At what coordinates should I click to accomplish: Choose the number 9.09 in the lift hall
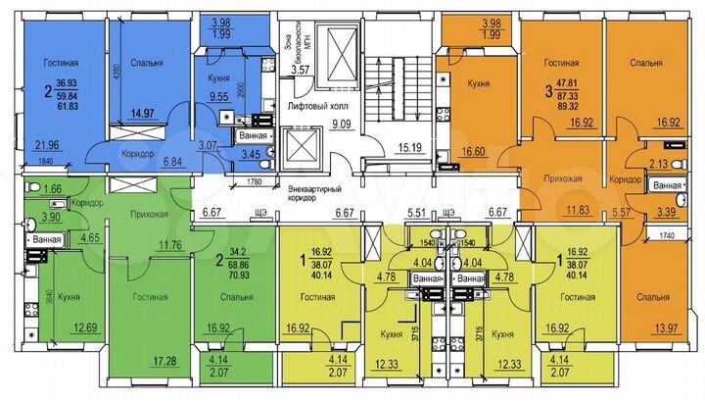[340, 124]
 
